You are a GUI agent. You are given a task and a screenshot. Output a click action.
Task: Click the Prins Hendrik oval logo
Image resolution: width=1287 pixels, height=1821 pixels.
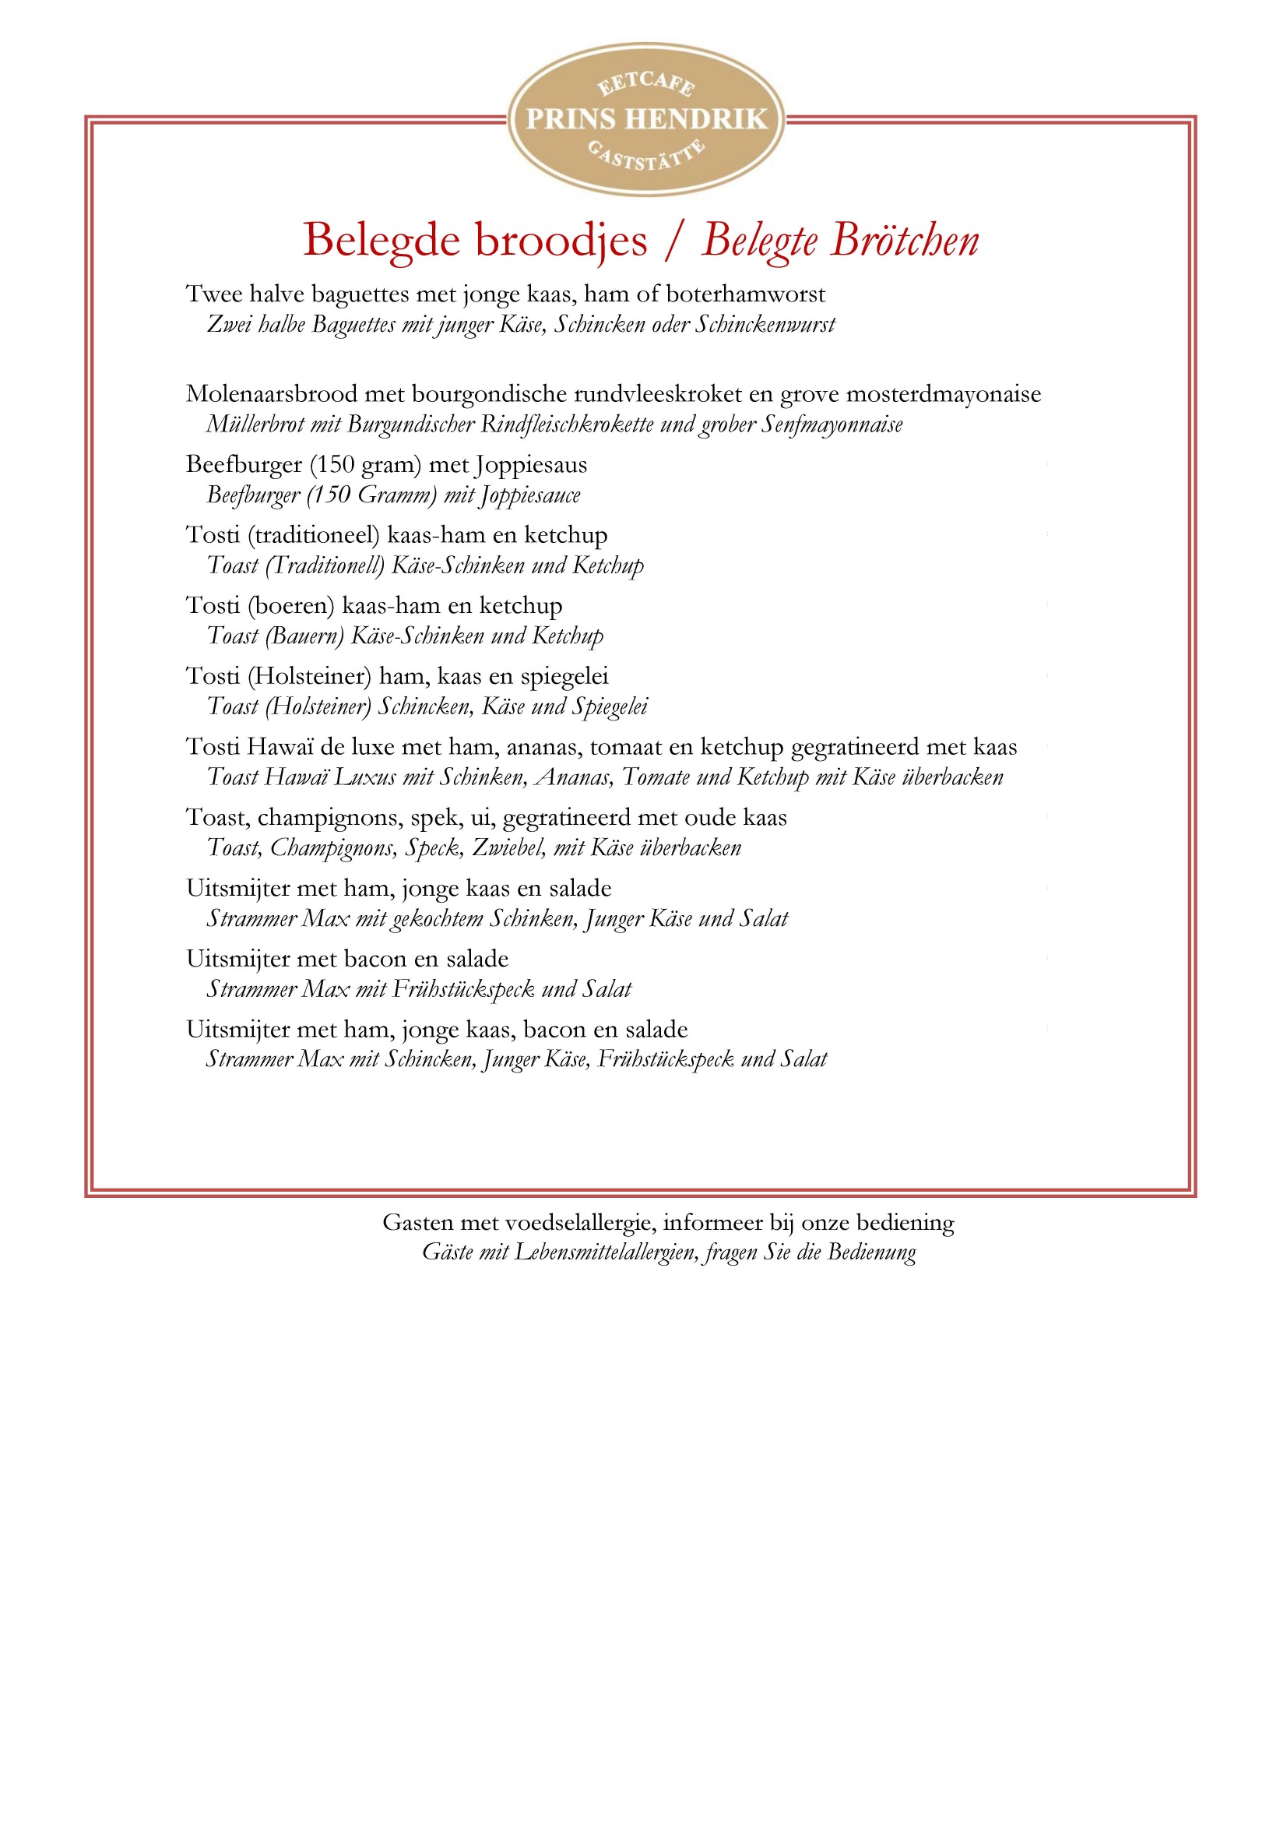tap(645, 119)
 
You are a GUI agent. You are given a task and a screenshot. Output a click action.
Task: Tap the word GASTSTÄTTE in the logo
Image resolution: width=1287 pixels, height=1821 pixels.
tap(645, 156)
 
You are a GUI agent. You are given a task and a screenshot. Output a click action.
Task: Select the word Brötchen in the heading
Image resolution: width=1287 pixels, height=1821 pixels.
tap(905, 241)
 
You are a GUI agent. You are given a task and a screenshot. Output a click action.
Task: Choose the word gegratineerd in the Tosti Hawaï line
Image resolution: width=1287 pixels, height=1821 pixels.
tap(855, 747)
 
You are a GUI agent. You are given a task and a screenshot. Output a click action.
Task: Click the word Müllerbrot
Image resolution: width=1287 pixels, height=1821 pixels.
tap(255, 424)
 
